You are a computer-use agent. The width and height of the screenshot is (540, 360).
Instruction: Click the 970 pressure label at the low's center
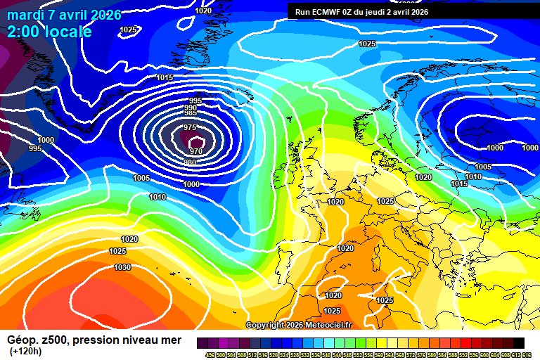click(x=196, y=151)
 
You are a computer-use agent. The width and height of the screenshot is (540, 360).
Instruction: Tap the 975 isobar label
click(x=190, y=127)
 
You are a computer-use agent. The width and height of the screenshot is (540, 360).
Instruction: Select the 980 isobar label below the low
click(x=190, y=162)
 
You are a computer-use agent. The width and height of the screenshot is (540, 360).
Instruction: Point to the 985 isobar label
click(x=191, y=113)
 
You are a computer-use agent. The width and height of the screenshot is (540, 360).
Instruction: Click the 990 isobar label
click(x=191, y=108)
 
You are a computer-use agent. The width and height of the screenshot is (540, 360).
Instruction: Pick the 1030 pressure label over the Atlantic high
click(x=122, y=267)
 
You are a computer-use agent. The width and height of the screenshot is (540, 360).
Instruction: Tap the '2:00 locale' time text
click(x=49, y=32)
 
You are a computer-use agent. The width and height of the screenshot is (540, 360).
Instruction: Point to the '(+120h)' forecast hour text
click(x=25, y=351)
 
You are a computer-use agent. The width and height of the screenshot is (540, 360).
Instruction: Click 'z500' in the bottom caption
click(x=54, y=340)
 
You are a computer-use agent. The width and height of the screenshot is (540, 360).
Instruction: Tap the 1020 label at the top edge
click(x=203, y=11)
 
